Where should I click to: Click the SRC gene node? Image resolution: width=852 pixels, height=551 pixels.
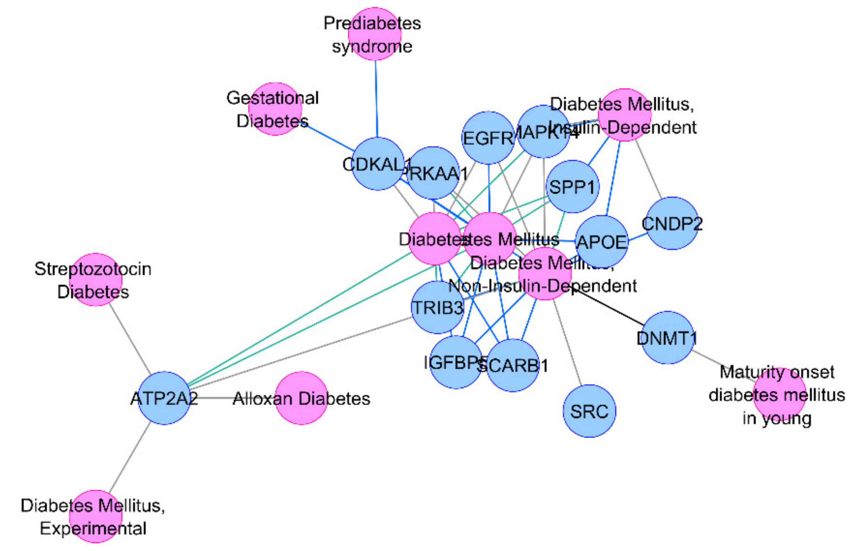[x=589, y=411]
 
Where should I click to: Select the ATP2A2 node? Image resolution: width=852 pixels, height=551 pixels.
[x=164, y=398]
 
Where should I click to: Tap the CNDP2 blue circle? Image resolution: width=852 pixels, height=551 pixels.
[x=672, y=223]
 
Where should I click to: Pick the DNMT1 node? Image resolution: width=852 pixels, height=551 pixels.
[x=667, y=337]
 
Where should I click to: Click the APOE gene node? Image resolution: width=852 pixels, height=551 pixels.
[x=602, y=241]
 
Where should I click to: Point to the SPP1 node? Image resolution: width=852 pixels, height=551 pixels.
[x=572, y=186]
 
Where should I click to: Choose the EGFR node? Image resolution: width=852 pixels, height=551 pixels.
[x=488, y=138]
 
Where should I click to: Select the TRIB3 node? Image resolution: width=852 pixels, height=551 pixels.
[x=437, y=307]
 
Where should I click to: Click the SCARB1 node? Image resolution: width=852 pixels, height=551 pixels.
[x=513, y=365]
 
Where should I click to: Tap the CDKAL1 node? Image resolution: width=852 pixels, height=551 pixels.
[x=378, y=164]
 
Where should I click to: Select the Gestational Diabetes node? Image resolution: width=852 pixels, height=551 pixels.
[x=275, y=109]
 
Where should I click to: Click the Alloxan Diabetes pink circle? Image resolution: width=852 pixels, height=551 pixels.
[x=301, y=398]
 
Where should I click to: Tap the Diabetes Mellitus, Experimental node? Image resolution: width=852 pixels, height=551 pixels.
[x=95, y=516]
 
